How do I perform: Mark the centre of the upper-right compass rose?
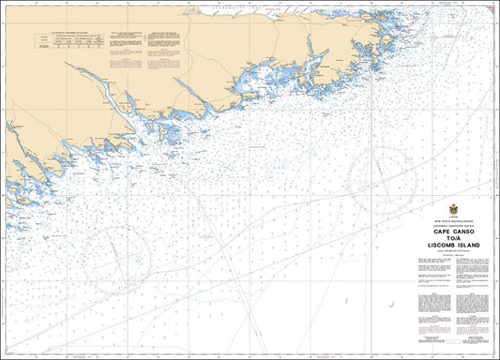(x=381, y=175)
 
